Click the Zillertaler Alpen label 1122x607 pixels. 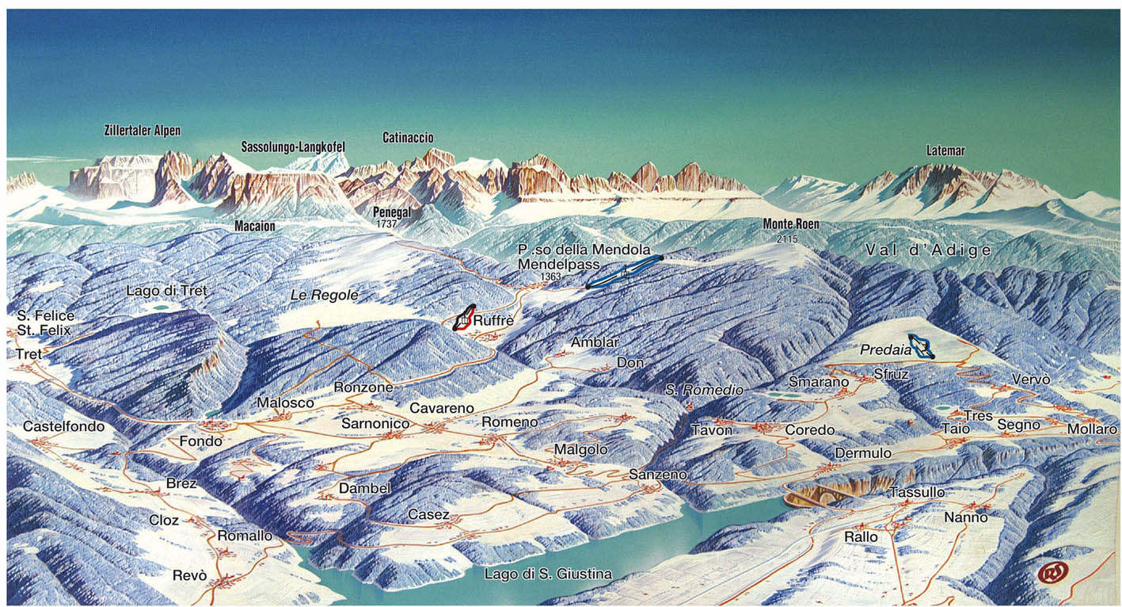(143, 131)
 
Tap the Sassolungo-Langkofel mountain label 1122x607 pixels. (293, 147)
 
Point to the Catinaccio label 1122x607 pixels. (408, 138)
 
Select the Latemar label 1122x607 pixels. (945, 151)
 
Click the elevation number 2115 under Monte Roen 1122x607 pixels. (787, 239)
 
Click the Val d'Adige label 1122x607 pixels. (928, 251)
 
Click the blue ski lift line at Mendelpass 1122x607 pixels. (624, 272)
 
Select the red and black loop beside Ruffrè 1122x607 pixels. (464, 318)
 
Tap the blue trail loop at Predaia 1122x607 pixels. (920, 345)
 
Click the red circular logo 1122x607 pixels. (1052, 572)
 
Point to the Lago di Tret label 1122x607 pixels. (166, 291)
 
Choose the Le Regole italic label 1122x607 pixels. (324, 296)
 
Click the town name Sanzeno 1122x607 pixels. (658, 474)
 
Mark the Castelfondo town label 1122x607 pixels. (63, 426)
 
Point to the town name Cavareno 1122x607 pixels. (441, 408)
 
